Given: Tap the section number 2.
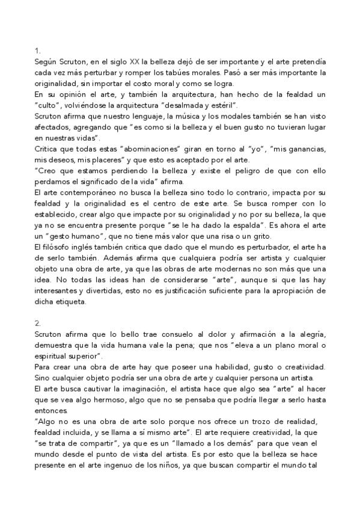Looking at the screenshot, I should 37,322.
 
